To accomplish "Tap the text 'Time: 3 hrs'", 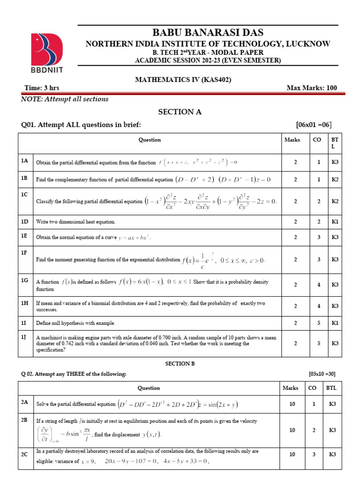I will (41, 88).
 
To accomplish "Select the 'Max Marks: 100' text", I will (311, 88).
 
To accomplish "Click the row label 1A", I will (25, 161).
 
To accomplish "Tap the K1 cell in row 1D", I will (335, 221).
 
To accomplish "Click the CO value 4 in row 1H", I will (319, 306).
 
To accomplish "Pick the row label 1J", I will (25, 337).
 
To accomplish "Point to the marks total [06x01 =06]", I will (314, 125).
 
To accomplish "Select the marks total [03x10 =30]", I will (322, 374).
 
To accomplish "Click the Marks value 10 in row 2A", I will (292, 404).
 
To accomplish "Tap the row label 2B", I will (25, 420).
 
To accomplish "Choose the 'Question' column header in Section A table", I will (150, 140).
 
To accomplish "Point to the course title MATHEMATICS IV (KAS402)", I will (177, 80).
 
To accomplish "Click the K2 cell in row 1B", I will (335, 180).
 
